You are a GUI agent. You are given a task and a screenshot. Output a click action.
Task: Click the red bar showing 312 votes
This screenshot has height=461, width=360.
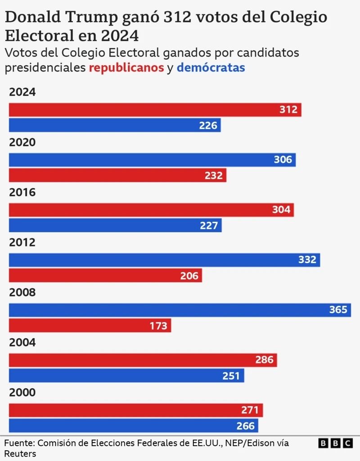[155, 110]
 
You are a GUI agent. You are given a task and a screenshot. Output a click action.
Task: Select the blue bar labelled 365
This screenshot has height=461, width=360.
[180, 310]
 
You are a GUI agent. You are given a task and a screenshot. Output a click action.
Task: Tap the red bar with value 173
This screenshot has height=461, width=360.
[90, 326]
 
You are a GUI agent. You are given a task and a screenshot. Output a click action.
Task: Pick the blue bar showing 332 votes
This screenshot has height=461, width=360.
[164, 260]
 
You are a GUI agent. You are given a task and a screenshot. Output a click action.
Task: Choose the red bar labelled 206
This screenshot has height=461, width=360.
[105, 276]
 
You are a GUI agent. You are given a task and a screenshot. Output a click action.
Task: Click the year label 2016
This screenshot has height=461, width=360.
[22, 192]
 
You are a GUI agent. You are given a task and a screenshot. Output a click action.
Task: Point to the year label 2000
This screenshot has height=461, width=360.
[22, 393]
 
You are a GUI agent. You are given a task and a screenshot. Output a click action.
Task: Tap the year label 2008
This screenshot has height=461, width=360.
[22, 293]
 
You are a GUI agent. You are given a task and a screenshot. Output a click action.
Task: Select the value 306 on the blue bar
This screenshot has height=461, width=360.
[283, 160]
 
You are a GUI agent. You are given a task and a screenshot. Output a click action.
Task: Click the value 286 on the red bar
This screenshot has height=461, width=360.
[264, 360]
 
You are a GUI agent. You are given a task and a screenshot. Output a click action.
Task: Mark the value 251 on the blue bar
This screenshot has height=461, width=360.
[231, 376]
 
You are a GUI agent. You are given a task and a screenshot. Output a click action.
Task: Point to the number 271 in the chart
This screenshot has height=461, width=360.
[250, 410]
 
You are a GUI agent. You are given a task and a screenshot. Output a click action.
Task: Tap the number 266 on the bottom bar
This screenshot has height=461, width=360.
[245, 426]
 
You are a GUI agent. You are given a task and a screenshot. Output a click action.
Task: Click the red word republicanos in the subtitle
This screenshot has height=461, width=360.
[126, 68]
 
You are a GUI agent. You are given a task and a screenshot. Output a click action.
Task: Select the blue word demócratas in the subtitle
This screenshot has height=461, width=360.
[211, 68]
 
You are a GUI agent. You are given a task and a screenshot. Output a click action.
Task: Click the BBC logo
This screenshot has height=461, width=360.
[335, 443]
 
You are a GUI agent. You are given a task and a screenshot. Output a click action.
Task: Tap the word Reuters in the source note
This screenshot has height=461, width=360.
[20, 454]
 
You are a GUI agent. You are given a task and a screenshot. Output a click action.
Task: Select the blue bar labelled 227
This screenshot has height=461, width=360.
[115, 225]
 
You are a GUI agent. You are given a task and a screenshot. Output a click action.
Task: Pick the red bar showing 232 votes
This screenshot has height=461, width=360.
[117, 175]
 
